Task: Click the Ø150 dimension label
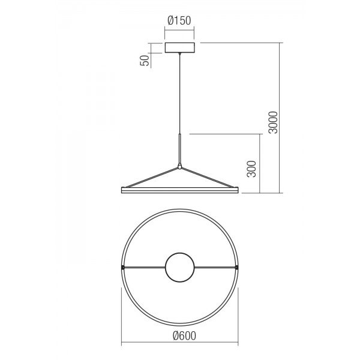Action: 179,20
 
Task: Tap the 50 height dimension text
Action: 145,61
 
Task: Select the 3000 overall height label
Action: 273,122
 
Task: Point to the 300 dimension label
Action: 251,169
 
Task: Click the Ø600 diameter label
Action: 184,336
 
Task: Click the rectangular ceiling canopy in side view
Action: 180,48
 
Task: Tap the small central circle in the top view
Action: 180,268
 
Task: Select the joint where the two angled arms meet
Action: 180,166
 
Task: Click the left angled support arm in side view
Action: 152,178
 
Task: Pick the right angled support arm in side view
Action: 208,178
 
